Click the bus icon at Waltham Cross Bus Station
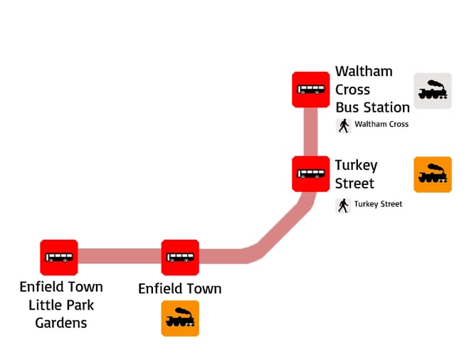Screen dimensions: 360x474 pyautogui.click(x=310, y=90)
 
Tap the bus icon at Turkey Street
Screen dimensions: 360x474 pyautogui.click(x=310, y=174)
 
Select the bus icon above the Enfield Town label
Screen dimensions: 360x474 pyautogui.click(x=180, y=257)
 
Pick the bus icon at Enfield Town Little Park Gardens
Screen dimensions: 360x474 pyautogui.click(x=59, y=257)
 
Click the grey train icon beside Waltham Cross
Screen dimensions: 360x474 pyautogui.click(x=433, y=91)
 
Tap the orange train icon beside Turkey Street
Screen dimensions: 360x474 pyautogui.click(x=433, y=174)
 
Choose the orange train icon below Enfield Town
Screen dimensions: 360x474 pyautogui.click(x=180, y=318)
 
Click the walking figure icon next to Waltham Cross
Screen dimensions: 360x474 pyautogui.click(x=344, y=125)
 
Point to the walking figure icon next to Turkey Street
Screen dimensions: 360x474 pyautogui.click(x=344, y=205)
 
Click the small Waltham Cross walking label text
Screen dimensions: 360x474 pyautogui.click(x=381, y=125)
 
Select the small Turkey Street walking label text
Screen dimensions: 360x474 pyautogui.click(x=379, y=204)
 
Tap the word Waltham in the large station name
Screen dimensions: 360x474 pyautogui.click(x=364, y=72)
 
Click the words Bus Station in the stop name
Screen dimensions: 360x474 pyautogui.click(x=372, y=107)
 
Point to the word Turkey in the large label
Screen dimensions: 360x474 pyautogui.click(x=356, y=165)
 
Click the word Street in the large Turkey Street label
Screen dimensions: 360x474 pyautogui.click(x=354, y=184)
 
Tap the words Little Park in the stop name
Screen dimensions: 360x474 pyautogui.click(x=61, y=305)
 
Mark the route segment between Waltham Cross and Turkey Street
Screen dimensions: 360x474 pyautogui.click(x=310, y=132)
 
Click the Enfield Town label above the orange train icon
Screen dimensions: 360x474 pyautogui.click(x=179, y=289)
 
